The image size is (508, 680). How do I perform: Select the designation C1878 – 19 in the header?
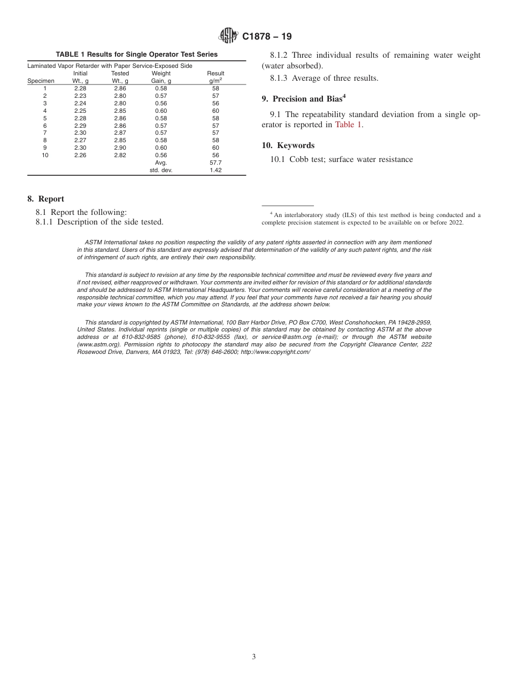[267, 36]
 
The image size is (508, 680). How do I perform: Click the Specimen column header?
[41, 81]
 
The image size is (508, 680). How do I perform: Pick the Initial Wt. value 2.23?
[80, 96]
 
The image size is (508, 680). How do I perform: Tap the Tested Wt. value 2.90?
[120, 148]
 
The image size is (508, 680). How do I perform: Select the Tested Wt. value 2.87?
[120, 133]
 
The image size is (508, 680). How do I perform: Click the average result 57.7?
[215, 163]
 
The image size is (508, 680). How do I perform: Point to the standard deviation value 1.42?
[215, 170]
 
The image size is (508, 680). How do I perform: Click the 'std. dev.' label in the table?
[161, 170]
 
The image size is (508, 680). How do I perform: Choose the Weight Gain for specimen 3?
[161, 103]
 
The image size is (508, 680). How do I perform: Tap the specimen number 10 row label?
[45, 155]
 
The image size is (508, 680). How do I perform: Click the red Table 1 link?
[348, 125]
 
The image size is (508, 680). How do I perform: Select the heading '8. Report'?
[46, 199]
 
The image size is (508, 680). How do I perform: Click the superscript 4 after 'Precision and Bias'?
[344, 96]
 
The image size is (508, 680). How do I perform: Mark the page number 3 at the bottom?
[254, 657]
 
